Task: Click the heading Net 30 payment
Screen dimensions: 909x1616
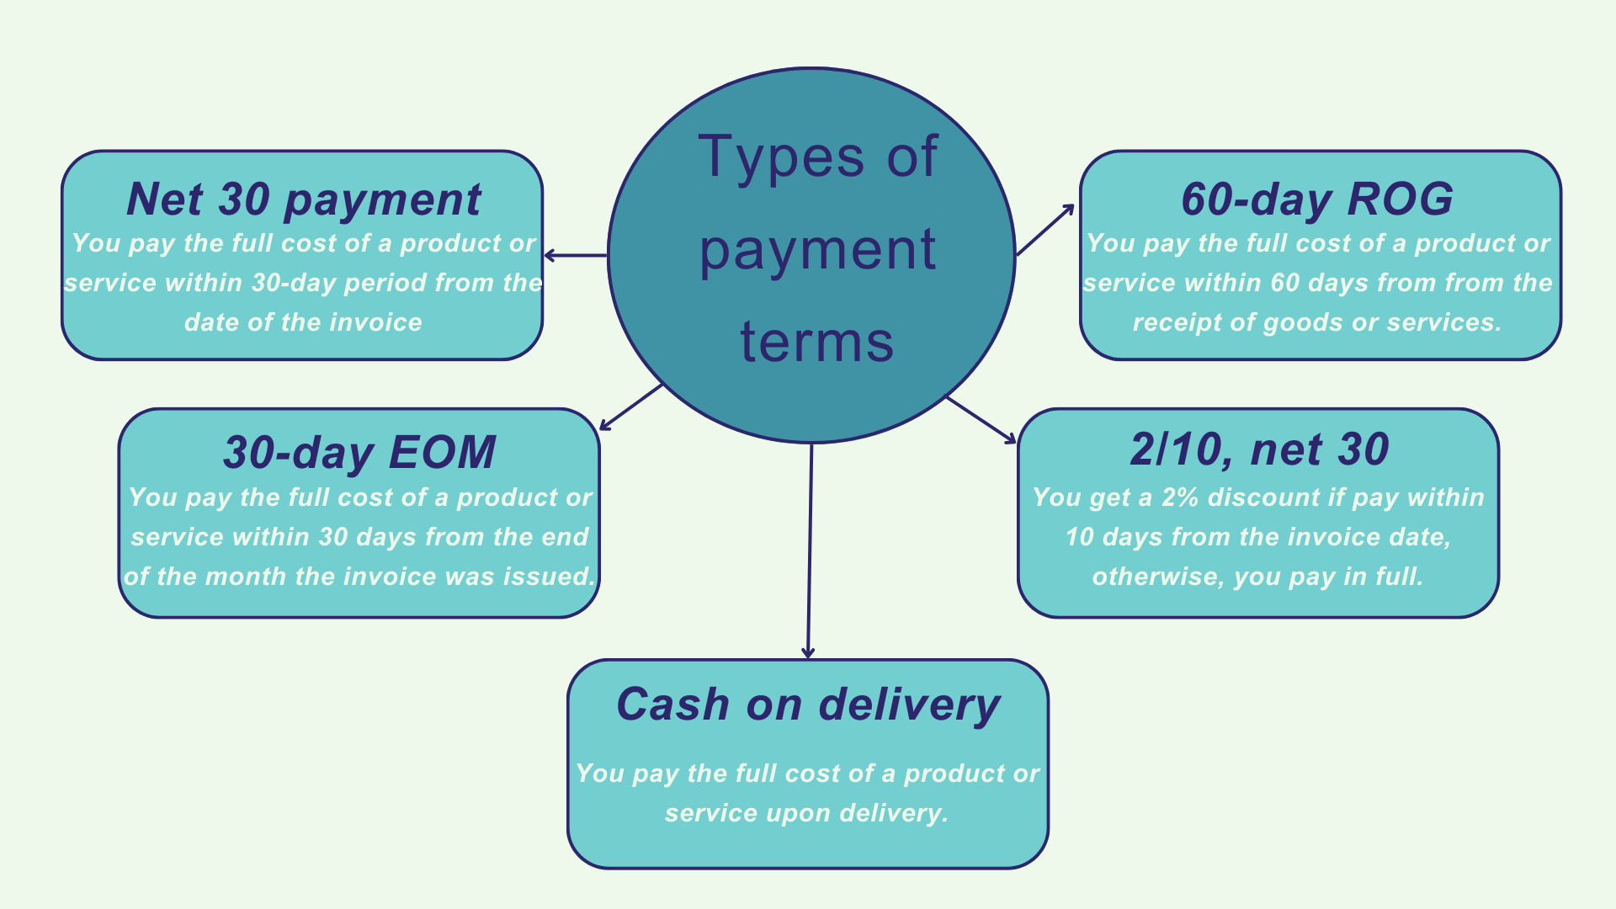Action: [303, 200]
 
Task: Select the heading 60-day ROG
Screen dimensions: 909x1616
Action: [1317, 200]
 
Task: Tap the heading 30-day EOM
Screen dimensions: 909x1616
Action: [359, 453]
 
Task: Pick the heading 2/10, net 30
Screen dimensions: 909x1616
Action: [1259, 450]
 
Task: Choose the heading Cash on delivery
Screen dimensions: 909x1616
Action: [808, 705]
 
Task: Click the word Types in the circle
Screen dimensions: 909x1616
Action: [780, 157]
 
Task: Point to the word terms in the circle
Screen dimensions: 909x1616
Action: [816, 343]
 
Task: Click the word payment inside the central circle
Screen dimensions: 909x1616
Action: [816, 250]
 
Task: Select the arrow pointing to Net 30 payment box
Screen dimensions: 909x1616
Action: [576, 255]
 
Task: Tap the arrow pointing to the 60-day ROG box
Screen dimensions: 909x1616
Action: [1046, 229]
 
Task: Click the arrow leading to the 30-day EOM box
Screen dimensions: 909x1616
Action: [631, 407]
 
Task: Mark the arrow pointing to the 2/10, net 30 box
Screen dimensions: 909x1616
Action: [981, 419]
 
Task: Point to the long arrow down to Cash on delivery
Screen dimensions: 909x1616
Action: [810, 551]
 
